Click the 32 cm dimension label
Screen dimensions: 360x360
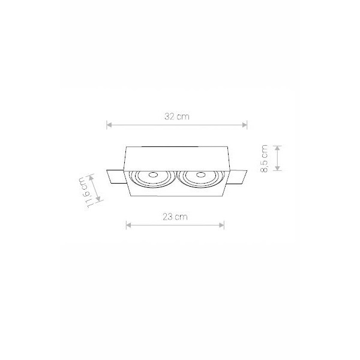click(177, 116)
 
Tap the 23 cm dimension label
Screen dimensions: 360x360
click(175, 217)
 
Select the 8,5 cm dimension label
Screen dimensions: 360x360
click(264, 158)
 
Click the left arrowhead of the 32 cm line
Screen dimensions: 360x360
click(109, 125)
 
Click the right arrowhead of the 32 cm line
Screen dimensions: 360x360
click(245, 125)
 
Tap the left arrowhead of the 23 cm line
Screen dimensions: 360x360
click(128, 225)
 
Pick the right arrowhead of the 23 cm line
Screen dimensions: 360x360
click(221, 225)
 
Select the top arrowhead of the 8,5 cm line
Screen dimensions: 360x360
click(278, 148)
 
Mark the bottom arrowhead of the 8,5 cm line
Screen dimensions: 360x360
click(278, 168)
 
